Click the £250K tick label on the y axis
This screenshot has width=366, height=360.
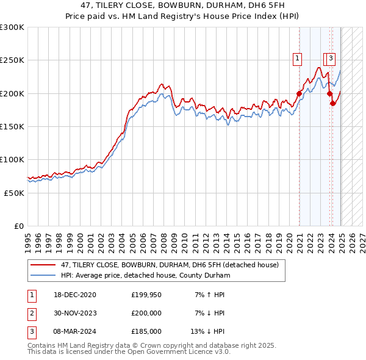(12, 60)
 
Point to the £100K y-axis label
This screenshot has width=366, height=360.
(12, 159)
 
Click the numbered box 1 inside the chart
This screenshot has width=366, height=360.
(297, 59)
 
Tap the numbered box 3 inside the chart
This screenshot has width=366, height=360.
(331, 59)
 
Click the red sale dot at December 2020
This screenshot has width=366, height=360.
(300, 93)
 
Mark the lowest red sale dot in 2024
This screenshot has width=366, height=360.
(333, 103)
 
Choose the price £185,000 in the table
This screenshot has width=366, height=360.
(146, 331)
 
